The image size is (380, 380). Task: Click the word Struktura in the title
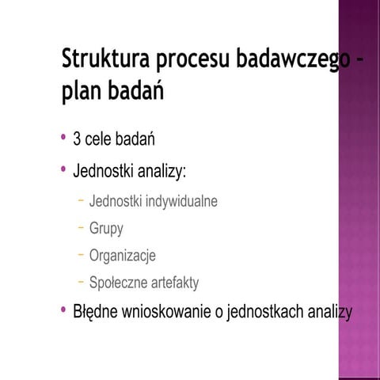pyautogui.click(x=104, y=61)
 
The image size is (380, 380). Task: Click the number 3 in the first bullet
pyautogui.click(x=77, y=140)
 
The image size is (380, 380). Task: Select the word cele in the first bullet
pyautogui.click(x=101, y=140)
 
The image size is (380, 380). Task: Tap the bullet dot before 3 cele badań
pyautogui.click(x=63, y=139)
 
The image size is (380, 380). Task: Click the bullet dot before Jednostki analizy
pyautogui.click(x=63, y=169)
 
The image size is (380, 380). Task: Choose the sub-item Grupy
pyautogui.click(x=106, y=229)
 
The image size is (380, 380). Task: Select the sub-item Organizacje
pyautogui.click(x=123, y=256)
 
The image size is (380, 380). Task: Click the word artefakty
pyautogui.click(x=173, y=283)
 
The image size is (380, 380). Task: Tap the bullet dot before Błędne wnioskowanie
pyautogui.click(x=63, y=310)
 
